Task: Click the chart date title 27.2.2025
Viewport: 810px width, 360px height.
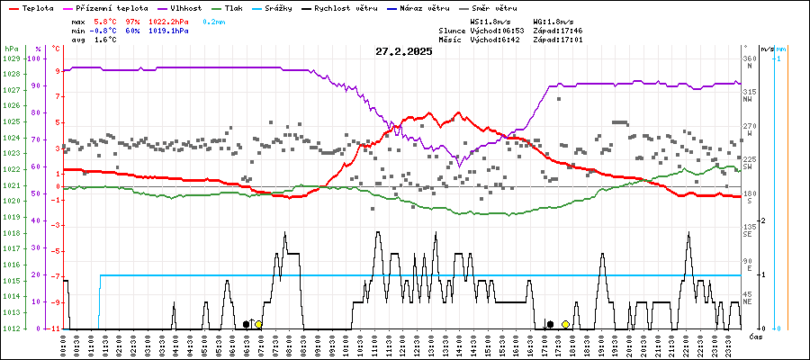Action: [404, 51]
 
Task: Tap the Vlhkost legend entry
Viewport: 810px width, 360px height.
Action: [184, 8]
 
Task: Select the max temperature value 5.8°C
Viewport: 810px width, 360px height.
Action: [106, 20]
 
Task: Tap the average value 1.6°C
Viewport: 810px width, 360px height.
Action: [106, 40]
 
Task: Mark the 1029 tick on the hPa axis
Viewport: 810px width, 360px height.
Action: [11, 58]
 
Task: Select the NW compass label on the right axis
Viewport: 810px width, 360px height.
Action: [747, 100]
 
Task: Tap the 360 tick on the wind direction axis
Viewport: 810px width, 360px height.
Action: [749, 58]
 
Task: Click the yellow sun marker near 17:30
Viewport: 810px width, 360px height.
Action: [565, 324]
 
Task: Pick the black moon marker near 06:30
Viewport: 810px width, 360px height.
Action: [246, 324]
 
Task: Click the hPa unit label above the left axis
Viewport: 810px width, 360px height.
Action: [11, 49]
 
